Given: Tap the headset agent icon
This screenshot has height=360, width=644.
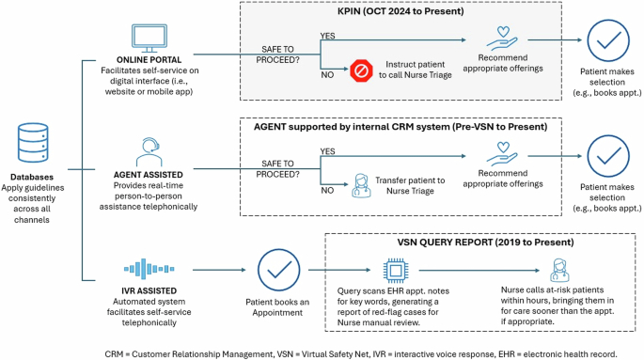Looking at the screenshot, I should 147,149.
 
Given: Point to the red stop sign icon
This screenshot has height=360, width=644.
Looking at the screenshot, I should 361,70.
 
